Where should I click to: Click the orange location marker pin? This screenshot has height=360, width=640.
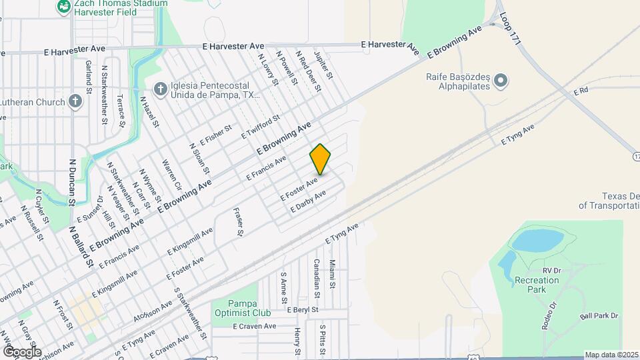320,159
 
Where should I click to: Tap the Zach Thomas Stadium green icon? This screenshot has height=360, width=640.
64,6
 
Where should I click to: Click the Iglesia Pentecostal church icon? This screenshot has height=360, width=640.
160,88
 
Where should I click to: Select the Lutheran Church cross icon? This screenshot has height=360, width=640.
75,101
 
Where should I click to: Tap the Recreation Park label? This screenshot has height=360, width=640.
537,281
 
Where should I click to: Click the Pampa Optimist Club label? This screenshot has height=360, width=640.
241,308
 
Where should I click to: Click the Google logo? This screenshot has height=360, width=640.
22,351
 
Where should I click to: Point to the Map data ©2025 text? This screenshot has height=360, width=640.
611,355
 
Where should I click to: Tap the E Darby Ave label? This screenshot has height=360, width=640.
308,202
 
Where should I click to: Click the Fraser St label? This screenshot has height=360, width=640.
237,223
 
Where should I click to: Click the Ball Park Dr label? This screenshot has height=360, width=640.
599,316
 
